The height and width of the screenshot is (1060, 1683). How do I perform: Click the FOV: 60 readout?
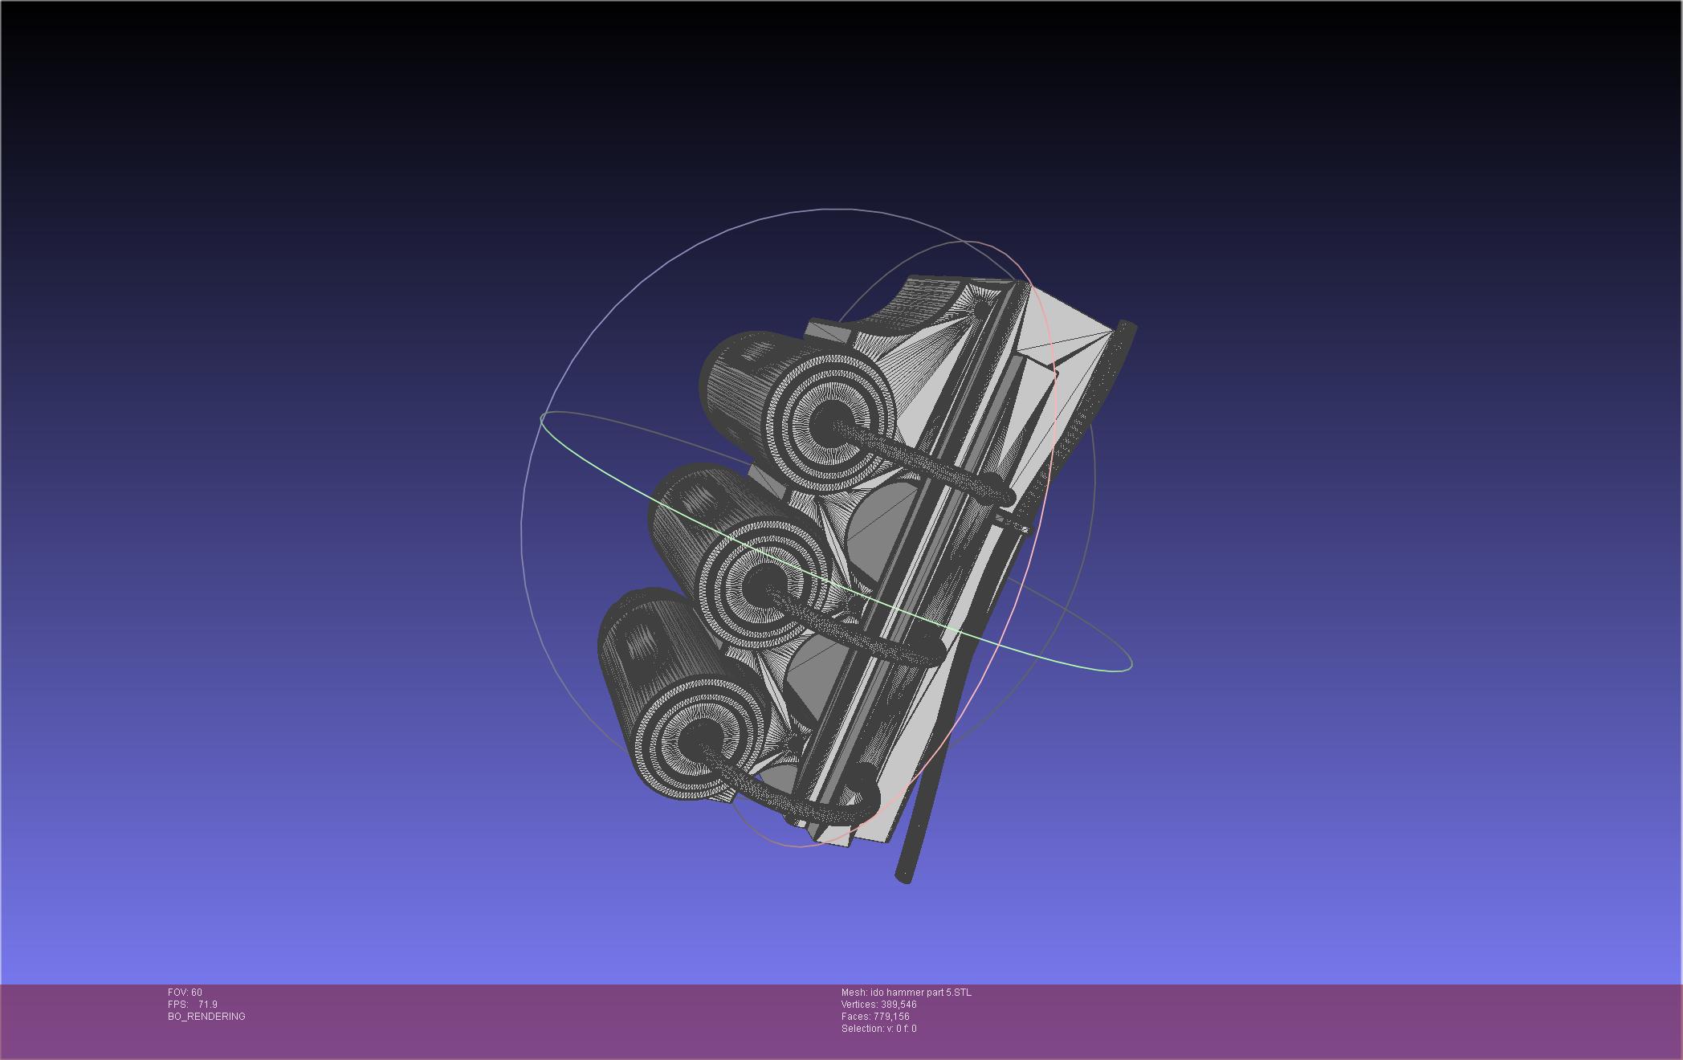click(185, 993)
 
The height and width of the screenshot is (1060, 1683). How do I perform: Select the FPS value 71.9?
click(207, 1005)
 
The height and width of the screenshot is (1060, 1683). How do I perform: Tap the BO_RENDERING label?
click(206, 1017)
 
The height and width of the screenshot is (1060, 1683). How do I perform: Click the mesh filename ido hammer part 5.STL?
click(920, 993)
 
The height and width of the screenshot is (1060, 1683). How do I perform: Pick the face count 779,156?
click(891, 1017)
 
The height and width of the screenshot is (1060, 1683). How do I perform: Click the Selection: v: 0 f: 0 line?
click(878, 1029)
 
